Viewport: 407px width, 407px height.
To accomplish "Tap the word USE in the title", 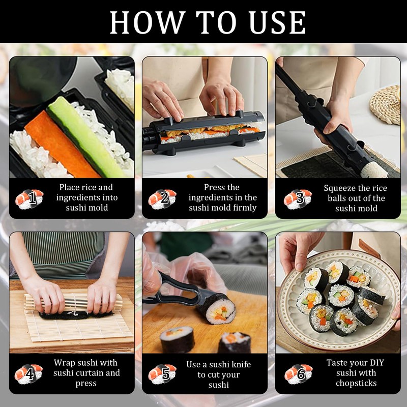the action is coord(277,22).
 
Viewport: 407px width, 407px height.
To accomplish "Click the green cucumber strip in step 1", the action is coord(85,137).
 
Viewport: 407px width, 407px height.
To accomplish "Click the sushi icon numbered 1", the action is coord(29,199).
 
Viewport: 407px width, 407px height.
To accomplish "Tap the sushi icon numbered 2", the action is coord(162,199).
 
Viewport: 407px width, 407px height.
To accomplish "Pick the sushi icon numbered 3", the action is coord(298,199).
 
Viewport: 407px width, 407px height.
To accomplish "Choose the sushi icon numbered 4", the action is coord(28,374).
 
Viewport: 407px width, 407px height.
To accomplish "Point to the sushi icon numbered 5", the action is coord(162,374).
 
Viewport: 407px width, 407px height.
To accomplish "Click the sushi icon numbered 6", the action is coord(299,374).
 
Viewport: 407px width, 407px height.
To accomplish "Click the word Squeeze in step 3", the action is coord(339,188).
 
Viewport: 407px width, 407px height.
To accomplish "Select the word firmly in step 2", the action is coord(244,208).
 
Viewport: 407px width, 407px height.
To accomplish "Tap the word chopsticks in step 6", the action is coord(356,384).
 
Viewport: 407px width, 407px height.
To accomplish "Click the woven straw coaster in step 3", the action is coord(385,105).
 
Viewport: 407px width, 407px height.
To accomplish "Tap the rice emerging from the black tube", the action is coord(374,170).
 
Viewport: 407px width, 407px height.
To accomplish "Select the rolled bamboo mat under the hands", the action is coord(73,302).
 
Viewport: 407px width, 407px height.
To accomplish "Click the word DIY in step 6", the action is coord(376,363).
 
